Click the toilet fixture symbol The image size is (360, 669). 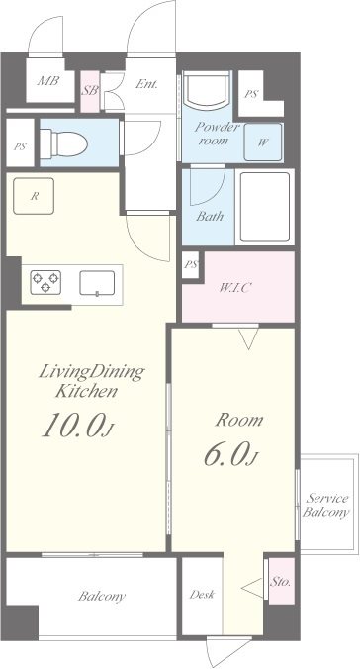(x=63, y=143)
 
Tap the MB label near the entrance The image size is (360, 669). (x=47, y=80)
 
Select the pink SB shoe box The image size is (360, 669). (x=90, y=91)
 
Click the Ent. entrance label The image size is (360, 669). (x=146, y=84)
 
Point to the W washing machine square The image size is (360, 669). (x=263, y=143)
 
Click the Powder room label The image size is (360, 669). (x=218, y=134)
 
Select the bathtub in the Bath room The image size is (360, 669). (x=265, y=207)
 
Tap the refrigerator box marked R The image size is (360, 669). (x=34, y=196)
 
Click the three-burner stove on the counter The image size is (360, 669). (x=45, y=282)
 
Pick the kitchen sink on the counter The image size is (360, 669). (x=97, y=283)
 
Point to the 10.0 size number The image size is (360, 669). (x=73, y=426)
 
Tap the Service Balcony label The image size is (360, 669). (x=325, y=505)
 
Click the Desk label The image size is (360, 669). (x=202, y=594)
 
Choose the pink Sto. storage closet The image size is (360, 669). (x=282, y=581)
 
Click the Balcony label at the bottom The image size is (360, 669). (x=102, y=596)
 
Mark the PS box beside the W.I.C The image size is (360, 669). (x=191, y=265)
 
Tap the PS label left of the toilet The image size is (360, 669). (x=19, y=147)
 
